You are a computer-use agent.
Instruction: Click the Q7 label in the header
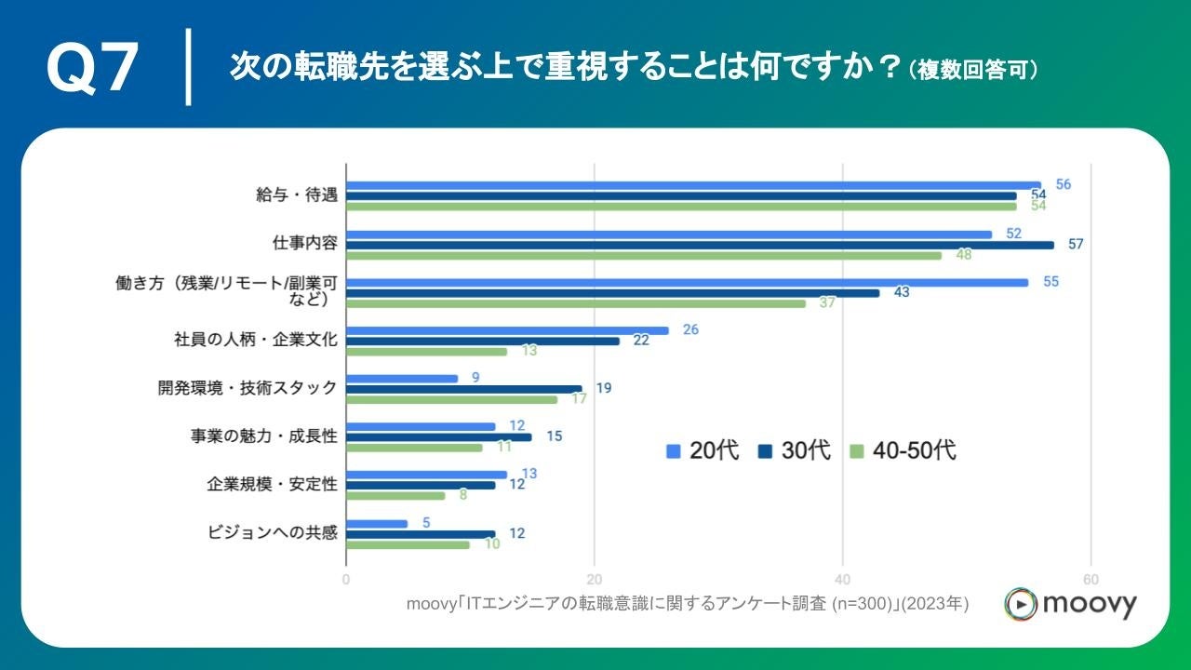[93, 69]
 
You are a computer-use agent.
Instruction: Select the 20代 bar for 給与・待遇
[693, 185]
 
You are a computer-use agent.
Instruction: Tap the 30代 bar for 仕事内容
[700, 245]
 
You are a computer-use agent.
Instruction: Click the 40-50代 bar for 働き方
[576, 303]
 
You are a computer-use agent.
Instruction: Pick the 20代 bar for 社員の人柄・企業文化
[507, 330]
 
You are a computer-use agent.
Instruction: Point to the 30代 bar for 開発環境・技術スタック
[464, 389]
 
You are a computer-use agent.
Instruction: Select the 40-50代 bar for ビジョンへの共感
[408, 544]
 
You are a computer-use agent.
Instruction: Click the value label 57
[1076, 245]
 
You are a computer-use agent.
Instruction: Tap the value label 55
[1050, 282]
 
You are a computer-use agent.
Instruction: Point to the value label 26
[690, 329]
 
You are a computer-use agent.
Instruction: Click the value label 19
[604, 388]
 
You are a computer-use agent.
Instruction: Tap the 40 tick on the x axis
[843, 577]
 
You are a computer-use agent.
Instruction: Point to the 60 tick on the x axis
[1091, 577]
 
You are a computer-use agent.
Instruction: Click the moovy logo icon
[1020, 604]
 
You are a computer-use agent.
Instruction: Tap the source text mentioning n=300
[688, 604]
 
